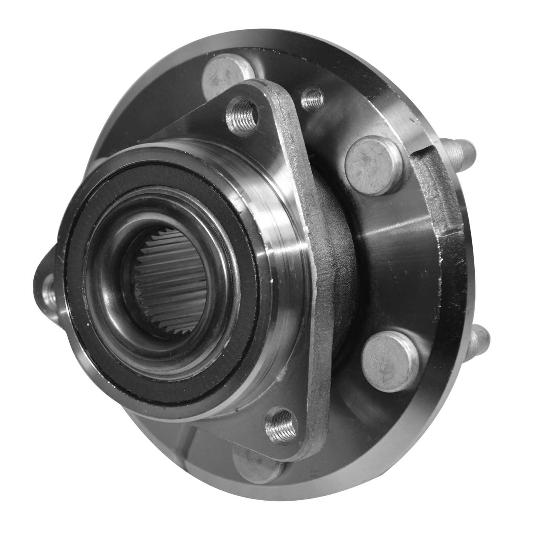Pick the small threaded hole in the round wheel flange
point(312,98)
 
